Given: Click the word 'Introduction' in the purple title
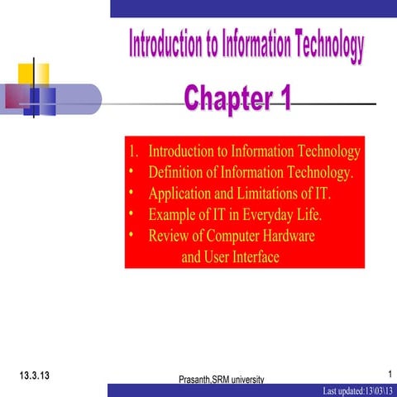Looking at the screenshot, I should [170, 45].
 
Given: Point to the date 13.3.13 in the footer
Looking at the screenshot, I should [34, 375].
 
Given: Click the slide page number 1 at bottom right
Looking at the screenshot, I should [389, 374].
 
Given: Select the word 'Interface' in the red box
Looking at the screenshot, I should [251, 257].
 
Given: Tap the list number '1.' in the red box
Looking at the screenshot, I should [134, 152].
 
